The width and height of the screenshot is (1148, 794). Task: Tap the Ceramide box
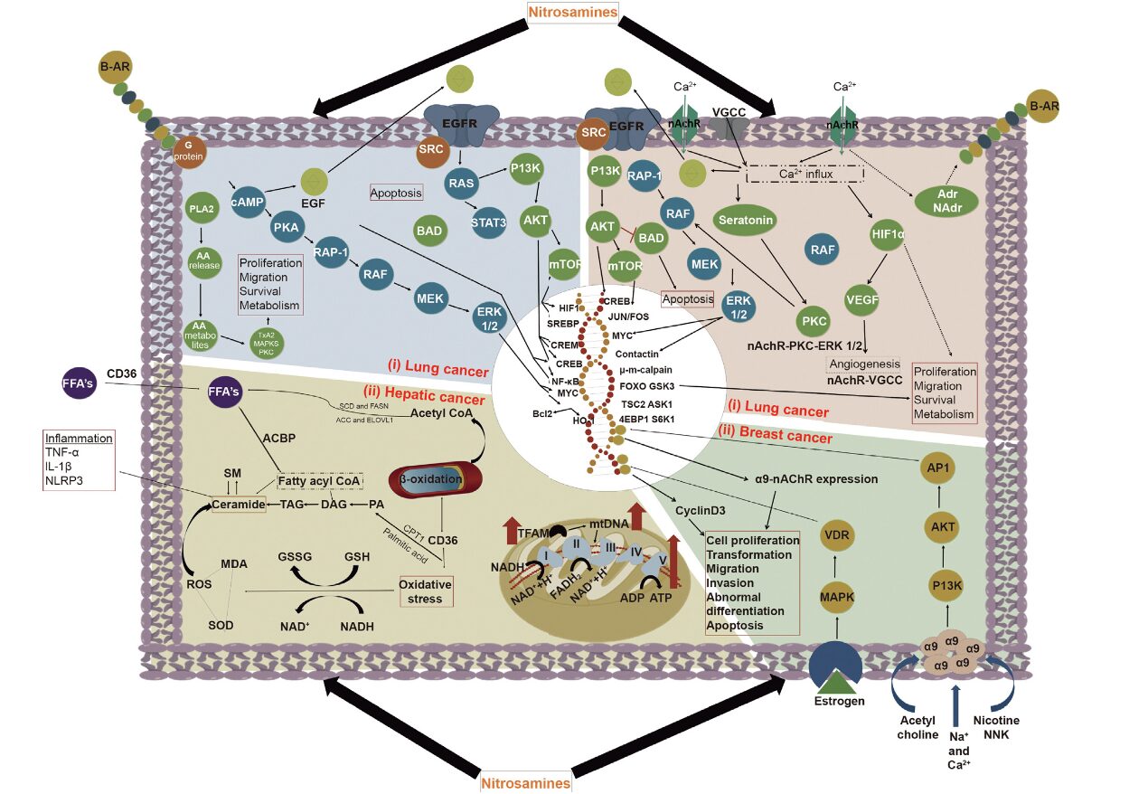coord(239,504)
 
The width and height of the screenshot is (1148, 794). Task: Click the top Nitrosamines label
coord(574,11)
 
